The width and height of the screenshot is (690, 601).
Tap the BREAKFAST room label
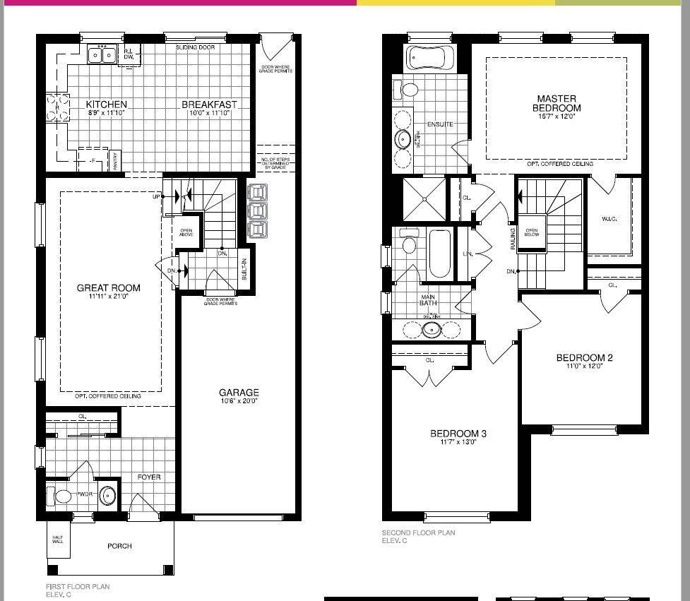pyautogui.click(x=213, y=104)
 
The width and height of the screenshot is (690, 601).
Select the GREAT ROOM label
pyautogui.click(x=108, y=287)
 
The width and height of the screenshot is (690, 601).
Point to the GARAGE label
pyautogui.click(x=238, y=392)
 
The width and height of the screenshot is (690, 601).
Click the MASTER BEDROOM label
pyautogui.click(x=557, y=103)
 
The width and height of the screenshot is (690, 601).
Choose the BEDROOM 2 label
pyautogui.click(x=584, y=357)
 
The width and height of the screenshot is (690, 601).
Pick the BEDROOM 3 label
pyautogui.click(x=458, y=433)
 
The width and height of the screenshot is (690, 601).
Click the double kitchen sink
pyautogui.click(x=102, y=54)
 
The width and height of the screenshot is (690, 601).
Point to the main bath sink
pyautogui.click(x=431, y=329)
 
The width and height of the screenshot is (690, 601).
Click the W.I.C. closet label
pyautogui.click(x=609, y=219)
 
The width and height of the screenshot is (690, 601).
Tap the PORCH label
pyautogui.click(x=119, y=546)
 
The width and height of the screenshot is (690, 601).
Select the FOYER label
pyautogui.click(x=149, y=477)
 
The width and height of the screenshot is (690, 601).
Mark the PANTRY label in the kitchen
pyautogui.click(x=116, y=161)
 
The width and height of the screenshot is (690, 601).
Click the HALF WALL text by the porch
pyautogui.click(x=58, y=540)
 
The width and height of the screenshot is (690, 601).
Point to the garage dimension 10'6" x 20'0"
pyautogui.click(x=238, y=401)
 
